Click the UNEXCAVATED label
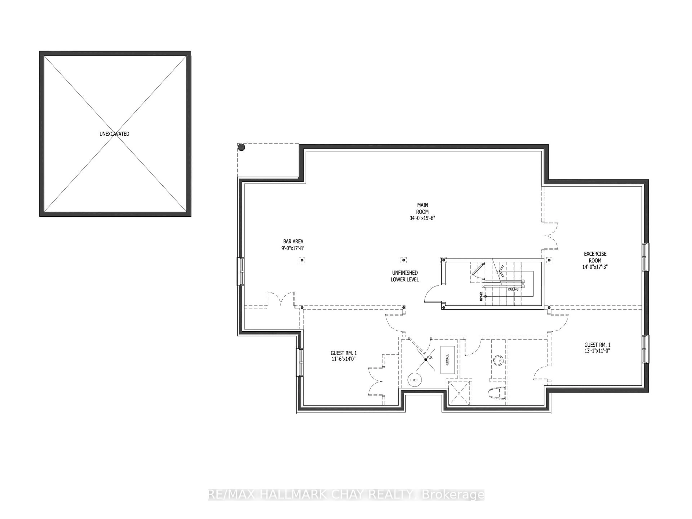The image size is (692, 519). pos(114,134)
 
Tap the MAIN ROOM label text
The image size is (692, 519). pos(422,208)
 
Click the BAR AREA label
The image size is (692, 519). pos(293,241)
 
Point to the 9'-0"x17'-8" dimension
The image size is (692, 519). pos(293,248)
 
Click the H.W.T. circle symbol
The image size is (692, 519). pos(415,380)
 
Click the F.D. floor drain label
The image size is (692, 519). pos(430,357)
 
